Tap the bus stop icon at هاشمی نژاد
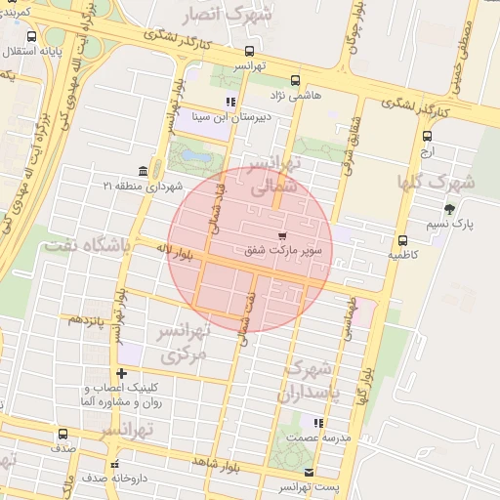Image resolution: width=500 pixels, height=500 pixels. pos(296,82)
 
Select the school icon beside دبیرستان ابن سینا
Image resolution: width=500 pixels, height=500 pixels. pos(230,102)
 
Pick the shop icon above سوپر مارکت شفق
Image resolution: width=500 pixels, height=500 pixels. pos(283,236)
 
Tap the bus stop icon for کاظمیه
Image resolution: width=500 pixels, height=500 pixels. pos(402,240)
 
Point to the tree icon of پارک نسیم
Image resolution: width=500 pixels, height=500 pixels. pos(449,209)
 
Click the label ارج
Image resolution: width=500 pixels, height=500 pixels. pos(427,153)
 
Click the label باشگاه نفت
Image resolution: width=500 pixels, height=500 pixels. pos(86,244)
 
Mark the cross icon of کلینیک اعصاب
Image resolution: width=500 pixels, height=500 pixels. pos(121,373)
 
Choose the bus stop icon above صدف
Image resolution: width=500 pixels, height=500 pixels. pos(63,434)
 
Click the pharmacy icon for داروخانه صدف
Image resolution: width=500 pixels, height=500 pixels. pos(115,465)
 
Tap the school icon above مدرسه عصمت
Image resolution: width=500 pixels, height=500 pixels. pos(318,423)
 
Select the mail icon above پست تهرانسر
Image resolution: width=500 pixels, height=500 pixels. pos(310,473)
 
